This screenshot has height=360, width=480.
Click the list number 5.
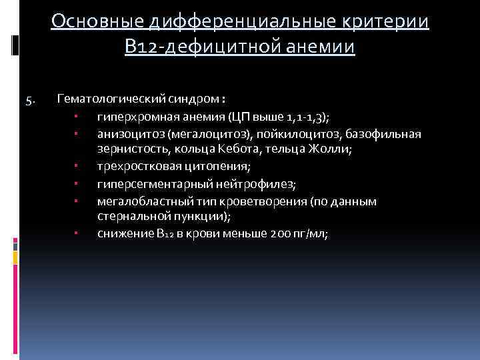coord(30,101)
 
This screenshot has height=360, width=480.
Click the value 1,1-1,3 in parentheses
coord(313,117)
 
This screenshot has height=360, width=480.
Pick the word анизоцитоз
coord(126,134)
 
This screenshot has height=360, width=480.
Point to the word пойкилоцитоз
coord(265,134)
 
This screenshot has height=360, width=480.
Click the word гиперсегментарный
coord(145,184)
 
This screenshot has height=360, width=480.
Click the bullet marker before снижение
coord(77,234)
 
